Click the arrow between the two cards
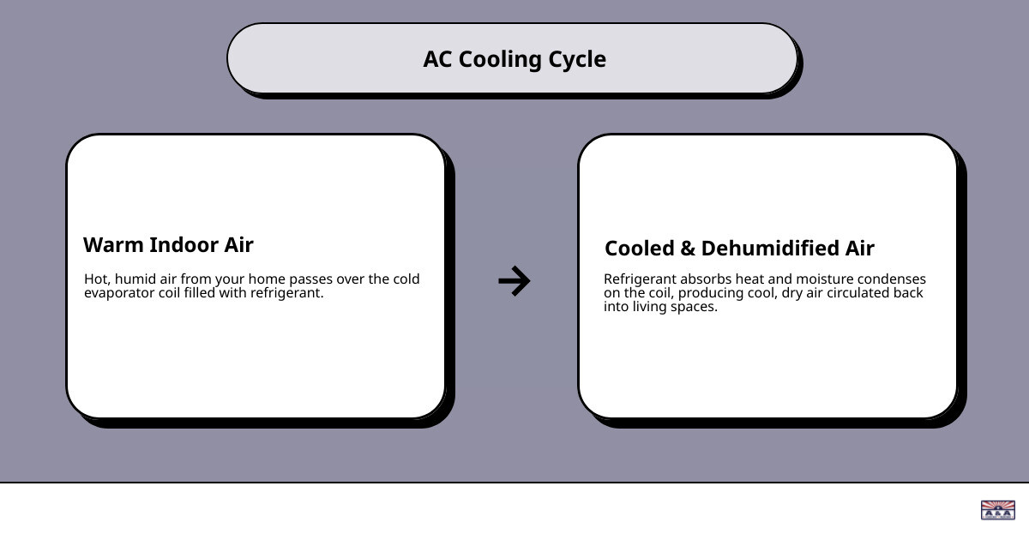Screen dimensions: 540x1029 point(514,281)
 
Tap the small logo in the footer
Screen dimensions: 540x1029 point(997,510)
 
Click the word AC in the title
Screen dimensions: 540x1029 point(437,59)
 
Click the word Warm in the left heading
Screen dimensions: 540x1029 point(113,245)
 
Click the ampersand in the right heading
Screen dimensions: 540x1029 point(688,249)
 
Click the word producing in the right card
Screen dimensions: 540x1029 point(709,293)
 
